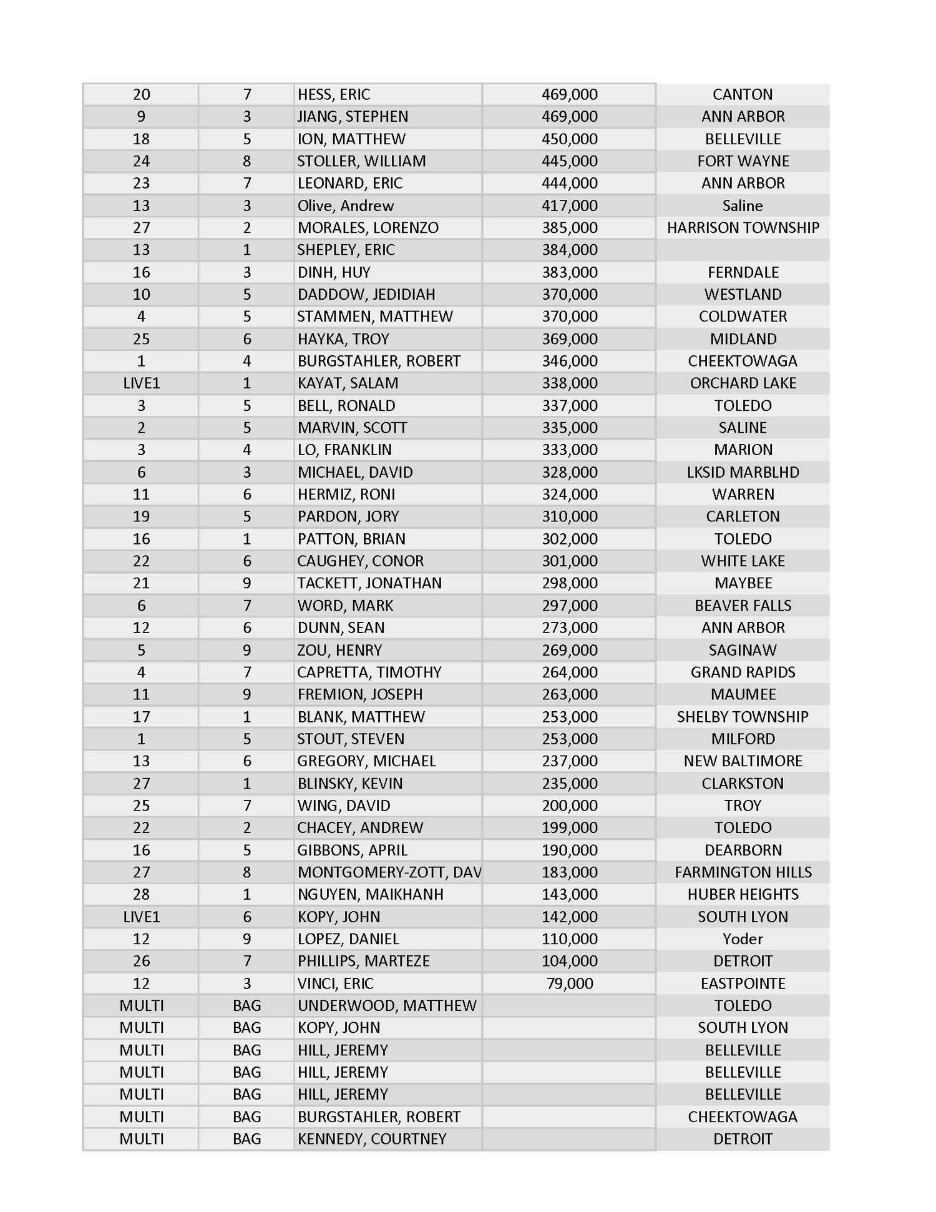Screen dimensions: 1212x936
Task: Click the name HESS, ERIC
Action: tap(334, 94)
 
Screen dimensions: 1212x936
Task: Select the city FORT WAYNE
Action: tap(743, 161)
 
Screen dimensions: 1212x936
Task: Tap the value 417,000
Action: tap(569, 205)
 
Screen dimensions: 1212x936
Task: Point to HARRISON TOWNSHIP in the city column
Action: tap(743, 227)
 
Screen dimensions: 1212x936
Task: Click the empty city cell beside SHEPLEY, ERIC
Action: tap(743, 250)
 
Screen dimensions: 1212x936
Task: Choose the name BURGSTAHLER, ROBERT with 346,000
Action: tap(379, 361)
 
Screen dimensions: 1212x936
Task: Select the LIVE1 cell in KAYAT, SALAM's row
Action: tap(142, 383)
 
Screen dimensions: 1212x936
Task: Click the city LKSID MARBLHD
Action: tap(743, 472)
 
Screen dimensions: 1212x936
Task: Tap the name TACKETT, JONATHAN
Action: tap(369, 583)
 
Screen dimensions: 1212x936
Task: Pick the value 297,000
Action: tap(569, 606)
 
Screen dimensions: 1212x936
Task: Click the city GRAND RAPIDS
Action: tap(743, 673)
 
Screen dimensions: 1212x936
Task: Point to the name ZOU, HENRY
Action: tap(339, 650)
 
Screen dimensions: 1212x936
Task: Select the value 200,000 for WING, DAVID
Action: tap(569, 806)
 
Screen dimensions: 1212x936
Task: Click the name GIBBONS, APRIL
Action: tap(353, 850)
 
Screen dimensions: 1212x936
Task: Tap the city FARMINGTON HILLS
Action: tap(743, 872)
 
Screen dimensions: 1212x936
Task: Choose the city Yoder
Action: tap(743, 939)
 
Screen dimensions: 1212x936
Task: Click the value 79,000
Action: tap(569, 983)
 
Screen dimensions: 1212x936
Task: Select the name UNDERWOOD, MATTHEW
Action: tap(387, 1005)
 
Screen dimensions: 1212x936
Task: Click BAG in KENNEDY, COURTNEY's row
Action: tap(246, 1139)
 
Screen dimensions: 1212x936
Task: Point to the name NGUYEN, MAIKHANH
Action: tap(371, 894)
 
